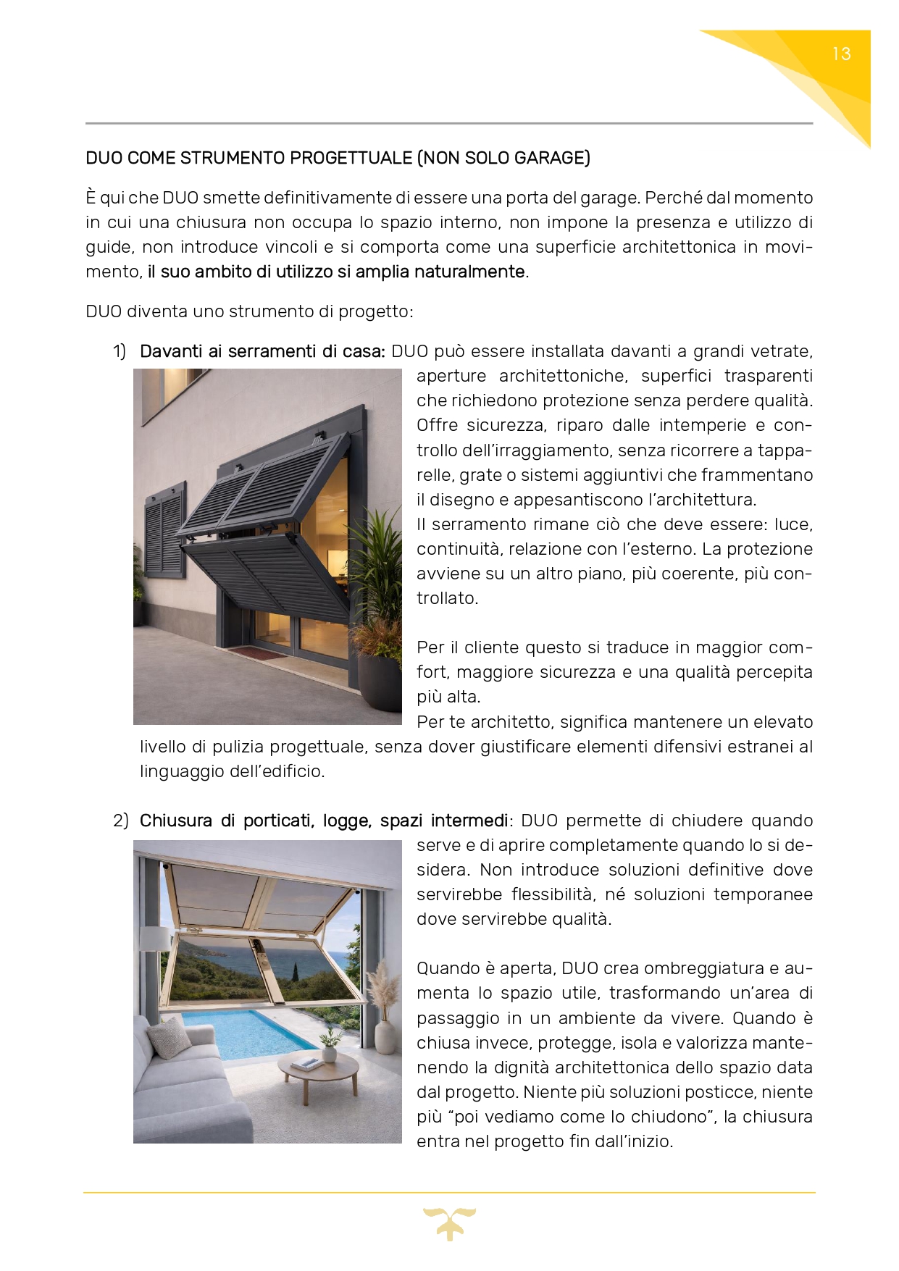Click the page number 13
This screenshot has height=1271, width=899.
click(841, 54)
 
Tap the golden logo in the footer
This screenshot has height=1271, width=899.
click(449, 1223)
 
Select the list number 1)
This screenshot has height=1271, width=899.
click(120, 352)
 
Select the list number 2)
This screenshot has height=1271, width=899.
click(120, 821)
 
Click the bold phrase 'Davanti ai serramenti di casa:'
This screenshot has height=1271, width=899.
click(262, 352)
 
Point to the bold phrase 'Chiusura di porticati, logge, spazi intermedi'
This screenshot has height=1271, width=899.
click(324, 821)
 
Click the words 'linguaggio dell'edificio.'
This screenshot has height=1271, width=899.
click(233, 772)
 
